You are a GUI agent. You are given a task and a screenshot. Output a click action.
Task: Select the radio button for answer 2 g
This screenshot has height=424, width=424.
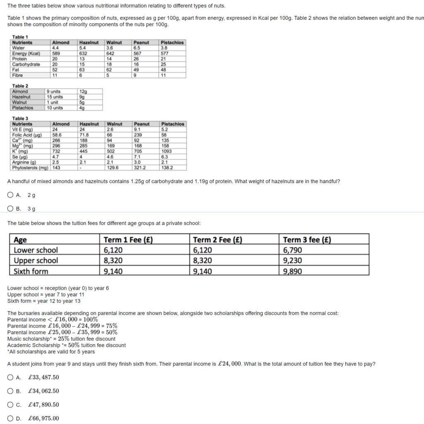[10, 195]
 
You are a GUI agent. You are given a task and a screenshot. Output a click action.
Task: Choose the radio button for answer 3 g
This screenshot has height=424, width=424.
[10, 209]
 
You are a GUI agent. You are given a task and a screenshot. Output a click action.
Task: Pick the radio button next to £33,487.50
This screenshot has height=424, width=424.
[10, 377]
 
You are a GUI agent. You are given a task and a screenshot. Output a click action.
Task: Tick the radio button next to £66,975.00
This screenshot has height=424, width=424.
[10, 418]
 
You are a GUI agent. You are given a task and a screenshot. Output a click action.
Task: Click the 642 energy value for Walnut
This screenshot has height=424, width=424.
[110, 53]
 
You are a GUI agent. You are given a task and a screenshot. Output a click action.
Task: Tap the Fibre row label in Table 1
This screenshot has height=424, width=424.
[18, 75]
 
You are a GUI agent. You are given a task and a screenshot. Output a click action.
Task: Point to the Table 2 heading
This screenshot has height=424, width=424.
[20, 86]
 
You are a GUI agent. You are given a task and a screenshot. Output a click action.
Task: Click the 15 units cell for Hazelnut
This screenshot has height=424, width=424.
[55, 97]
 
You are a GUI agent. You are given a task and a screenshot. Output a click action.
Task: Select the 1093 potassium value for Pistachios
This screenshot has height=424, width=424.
[166, 151]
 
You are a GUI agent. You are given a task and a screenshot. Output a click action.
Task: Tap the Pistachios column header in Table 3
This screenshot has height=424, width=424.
[172, 124]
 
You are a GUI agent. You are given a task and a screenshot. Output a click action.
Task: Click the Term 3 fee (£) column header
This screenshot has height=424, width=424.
[307, 240]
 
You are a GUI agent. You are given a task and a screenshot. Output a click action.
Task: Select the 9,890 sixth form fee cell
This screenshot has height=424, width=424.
[292, 271]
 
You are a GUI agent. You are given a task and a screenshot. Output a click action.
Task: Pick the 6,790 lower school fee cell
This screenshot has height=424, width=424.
[292, 250]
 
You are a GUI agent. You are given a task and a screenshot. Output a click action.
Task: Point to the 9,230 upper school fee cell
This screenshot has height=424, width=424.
[292, 260]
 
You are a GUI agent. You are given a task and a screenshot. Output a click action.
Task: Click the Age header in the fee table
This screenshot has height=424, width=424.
[20, 240]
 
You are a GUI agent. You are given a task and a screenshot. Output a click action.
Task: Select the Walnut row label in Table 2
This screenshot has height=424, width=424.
[19, 102]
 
